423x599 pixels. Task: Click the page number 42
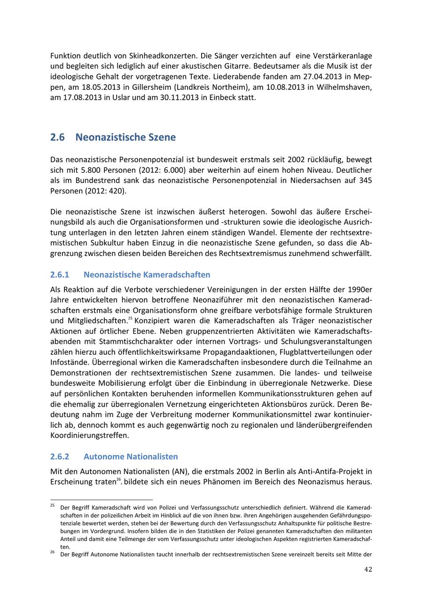368,569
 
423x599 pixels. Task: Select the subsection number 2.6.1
60,274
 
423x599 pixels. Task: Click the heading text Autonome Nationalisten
131,456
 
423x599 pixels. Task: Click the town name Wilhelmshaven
345,87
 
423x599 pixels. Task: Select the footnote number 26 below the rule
53,552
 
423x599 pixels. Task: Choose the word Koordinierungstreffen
89,435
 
